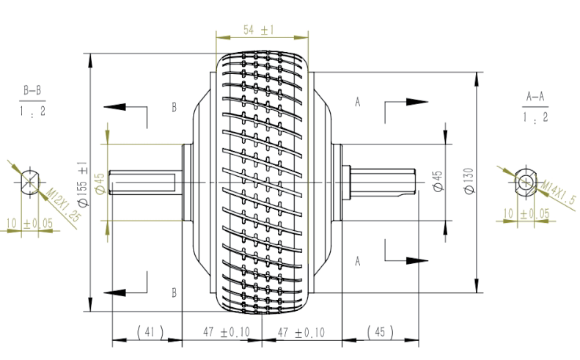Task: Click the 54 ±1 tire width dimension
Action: [x=259, y=29]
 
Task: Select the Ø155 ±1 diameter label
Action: [x=82, y=184]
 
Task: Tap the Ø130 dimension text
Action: [x=469, y=180]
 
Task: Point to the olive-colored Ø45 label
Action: [x=100, y=183]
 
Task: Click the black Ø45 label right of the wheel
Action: [x=438, y=181]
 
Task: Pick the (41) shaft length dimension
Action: [x=150, y=332]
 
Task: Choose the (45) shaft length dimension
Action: [x=380, y=332]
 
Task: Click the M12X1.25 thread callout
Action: [x=63, y=205]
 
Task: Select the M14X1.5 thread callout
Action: [x=559, y=192]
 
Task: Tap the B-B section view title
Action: [x=32, y=90]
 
